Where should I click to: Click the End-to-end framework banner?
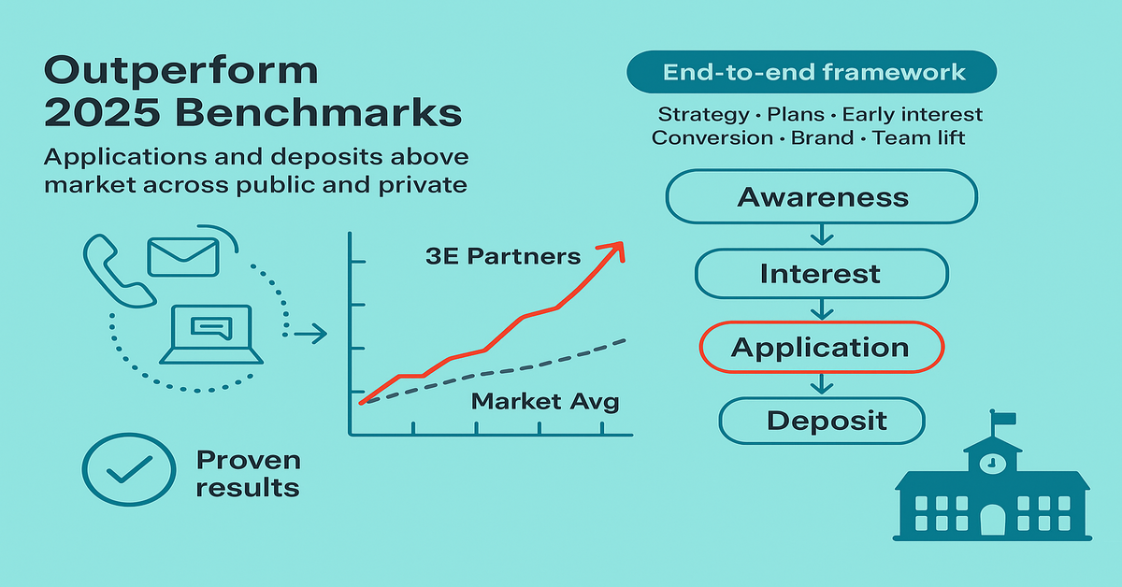point(812,72)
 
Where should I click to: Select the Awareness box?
point(822,196)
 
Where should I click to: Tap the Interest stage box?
point(822,274)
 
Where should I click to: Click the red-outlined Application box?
point(822,347)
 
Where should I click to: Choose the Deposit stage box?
point(822,421)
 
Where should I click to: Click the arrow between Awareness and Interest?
point(822,235)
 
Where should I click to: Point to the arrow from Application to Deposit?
point(822,383)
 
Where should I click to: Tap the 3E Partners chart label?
point(503,256)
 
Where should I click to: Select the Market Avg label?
point(545,402)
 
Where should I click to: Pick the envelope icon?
point(183,257)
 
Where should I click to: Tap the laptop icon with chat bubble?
point(211,334)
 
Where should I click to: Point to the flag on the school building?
point(1003,418)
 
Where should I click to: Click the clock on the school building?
point(992,464)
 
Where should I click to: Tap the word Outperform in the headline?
point(180,71)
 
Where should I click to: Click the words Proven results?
point(249,474)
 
